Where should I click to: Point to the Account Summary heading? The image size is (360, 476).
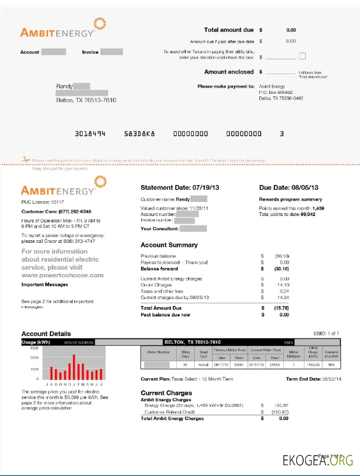(169, 245)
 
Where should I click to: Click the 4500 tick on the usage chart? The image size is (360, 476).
(34, 348)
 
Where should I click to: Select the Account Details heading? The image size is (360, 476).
(46, 334)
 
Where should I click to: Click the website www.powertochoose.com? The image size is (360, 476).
(62, 275)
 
